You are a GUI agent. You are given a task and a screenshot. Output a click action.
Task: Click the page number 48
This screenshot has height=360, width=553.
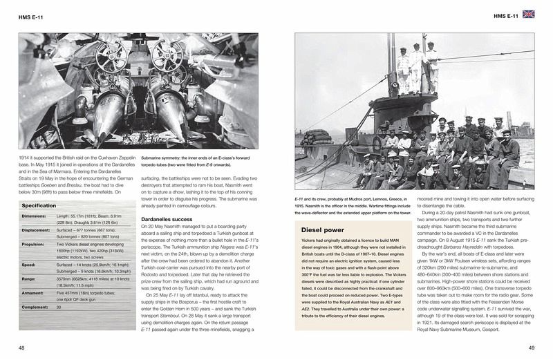pyautogui.click(x=24, y=347)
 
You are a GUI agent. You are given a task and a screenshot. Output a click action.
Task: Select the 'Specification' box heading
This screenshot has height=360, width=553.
pyautogui.click(x=39, y=206)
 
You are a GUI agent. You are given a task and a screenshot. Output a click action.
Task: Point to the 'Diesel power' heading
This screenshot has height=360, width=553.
pyautogui.click(x=322, y=229)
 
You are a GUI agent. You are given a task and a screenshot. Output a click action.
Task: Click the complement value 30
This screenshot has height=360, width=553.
pyautogui.click(x=59, y=306)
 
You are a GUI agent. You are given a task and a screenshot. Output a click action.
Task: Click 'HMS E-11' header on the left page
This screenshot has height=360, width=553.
pyautogui.click(x=31, y=15)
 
